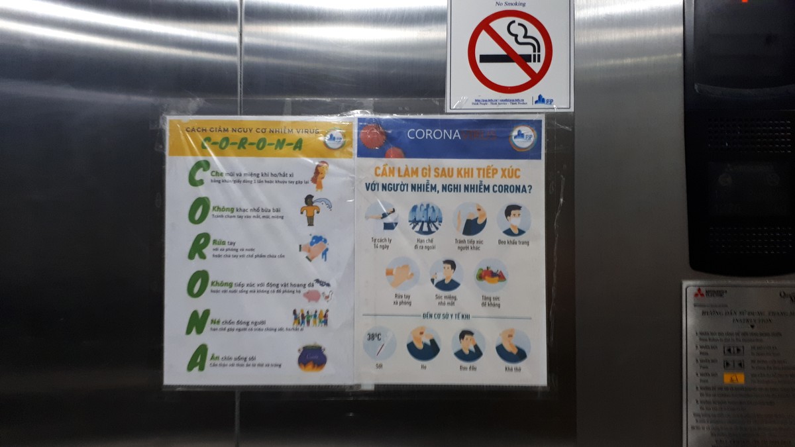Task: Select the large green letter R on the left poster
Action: pos(198,246)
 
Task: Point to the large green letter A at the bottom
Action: pos(197,358)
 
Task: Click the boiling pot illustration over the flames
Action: pos(311,358)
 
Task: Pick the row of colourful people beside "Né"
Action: pos(310,318)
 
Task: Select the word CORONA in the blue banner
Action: pos(433,134)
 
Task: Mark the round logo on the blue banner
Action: pos(523,138)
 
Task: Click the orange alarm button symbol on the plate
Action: pos(733,379)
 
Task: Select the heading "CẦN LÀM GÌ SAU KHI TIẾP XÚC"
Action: pos(448,172)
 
